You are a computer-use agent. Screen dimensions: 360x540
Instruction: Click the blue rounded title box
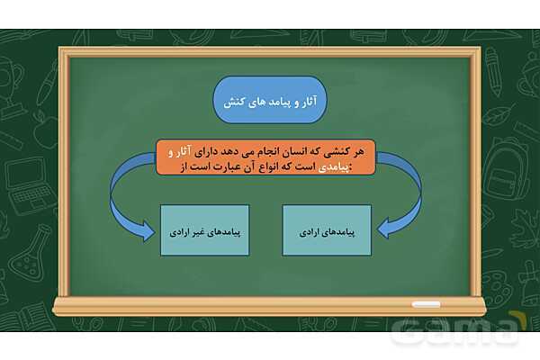click(x=270, y=100)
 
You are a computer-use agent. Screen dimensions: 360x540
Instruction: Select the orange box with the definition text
click(x=265, y=157)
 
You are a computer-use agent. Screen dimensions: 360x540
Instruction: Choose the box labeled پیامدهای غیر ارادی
click(x=204, y=229)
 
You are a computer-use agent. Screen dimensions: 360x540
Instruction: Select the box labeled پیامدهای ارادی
click(x=327, y=229)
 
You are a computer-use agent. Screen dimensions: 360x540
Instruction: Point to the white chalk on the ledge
click(x=426, y=304)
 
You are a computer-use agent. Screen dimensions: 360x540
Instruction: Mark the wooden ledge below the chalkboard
click(x=270, y=306)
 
